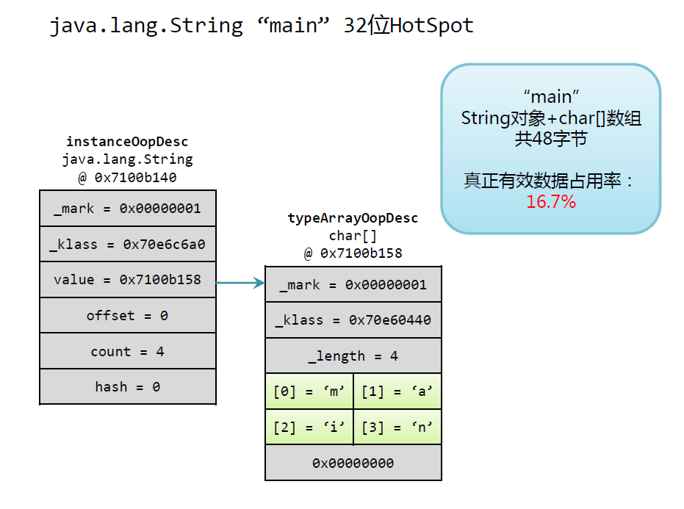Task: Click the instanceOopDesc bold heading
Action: pos(127,141)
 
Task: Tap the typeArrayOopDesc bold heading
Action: pos(353,218)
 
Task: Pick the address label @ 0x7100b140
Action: pos(127,177)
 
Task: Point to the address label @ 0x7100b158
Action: pos(353,253)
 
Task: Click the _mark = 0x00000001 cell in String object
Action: pos(127,209)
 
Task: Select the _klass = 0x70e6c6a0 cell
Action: pos(127,244)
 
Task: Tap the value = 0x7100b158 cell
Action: pos(127,280)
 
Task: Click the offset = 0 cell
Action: pos(127,316)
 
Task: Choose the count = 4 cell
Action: pos(127,352)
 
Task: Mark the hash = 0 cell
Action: pos(127,387)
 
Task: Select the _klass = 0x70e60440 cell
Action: pos(353,320)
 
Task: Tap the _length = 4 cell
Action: pos(353,356)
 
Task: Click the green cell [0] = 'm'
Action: pos(309,391)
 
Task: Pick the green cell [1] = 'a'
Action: pos(397,391)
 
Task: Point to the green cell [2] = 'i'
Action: pos(309,427)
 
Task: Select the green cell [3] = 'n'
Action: pos(397,427)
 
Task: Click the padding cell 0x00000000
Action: pos(353,463)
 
